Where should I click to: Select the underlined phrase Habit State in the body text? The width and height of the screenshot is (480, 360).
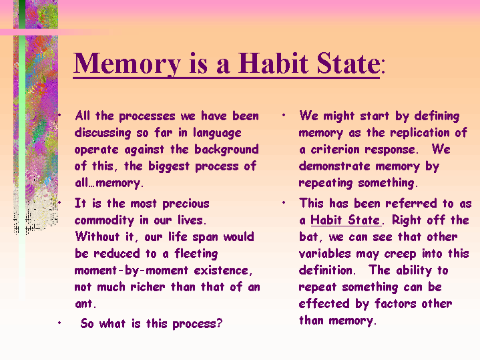coord(345,220)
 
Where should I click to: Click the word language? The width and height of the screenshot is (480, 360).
coord(217,133)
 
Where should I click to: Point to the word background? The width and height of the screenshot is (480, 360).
coord(226,150)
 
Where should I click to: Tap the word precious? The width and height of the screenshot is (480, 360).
coord(186,204)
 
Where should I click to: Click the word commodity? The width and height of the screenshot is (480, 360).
coord(104,220)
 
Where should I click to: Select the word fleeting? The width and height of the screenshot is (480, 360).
coord(196,254)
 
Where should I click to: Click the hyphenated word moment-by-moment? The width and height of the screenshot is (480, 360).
coord(131,271)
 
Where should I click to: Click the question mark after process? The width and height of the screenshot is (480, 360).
coord(219,323)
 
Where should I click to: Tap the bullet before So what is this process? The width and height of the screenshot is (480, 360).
coord(59,323)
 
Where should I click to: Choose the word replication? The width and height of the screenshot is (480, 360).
coord(420,133)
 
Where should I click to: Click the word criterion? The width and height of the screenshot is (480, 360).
coord(335,150)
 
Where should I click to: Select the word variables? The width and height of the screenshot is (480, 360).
coord(325,253)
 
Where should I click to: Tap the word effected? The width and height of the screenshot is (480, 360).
coord(324,303)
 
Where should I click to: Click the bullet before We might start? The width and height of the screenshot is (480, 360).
coord(284,116)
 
